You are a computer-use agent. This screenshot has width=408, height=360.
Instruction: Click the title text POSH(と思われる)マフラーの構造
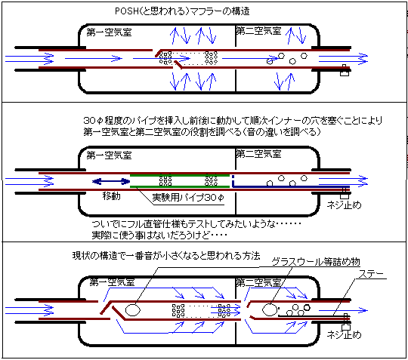point(182,11)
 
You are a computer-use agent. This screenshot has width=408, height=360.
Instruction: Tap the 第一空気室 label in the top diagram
point(110,32)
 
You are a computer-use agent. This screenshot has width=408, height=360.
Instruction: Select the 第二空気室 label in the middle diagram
point(258,154)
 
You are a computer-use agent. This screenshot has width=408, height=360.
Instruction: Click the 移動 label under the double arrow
point(111,196)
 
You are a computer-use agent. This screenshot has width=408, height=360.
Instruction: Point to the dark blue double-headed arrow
point(111,181)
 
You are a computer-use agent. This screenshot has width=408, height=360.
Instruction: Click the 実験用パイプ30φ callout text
point(188,198)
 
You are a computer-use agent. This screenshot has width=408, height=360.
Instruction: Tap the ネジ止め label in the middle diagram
point(344,205)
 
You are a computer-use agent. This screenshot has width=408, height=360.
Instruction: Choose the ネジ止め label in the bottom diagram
point(344,334)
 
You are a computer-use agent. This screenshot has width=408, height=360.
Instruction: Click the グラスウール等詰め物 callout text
point(316,261)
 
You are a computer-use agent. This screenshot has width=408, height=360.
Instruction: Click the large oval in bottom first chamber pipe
point(133,310)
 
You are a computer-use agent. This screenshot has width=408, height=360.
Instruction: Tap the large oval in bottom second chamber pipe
point(270,310)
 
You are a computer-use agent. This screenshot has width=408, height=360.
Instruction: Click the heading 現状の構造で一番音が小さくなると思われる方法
point(166,256)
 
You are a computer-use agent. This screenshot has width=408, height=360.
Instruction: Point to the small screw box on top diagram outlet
point(345,70)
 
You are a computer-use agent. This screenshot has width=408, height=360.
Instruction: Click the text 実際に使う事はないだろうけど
point(159,235)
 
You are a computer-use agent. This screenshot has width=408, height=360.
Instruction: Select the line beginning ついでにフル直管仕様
point(196,224)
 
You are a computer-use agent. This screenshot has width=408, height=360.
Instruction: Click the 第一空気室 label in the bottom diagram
point(112,282)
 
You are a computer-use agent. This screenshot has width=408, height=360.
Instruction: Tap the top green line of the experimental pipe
point(180,175)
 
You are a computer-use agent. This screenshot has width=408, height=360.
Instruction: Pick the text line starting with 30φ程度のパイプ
point(233,121)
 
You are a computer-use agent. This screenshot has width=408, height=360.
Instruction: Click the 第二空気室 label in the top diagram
point(258,31)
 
